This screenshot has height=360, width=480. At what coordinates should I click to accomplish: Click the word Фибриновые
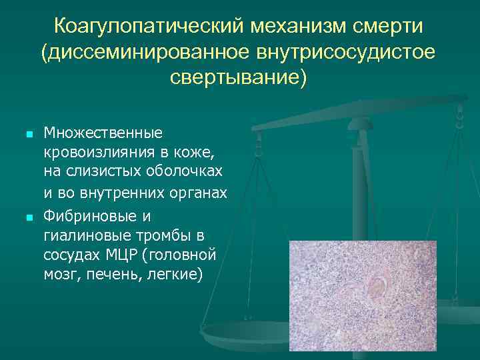tap(91, 217)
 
